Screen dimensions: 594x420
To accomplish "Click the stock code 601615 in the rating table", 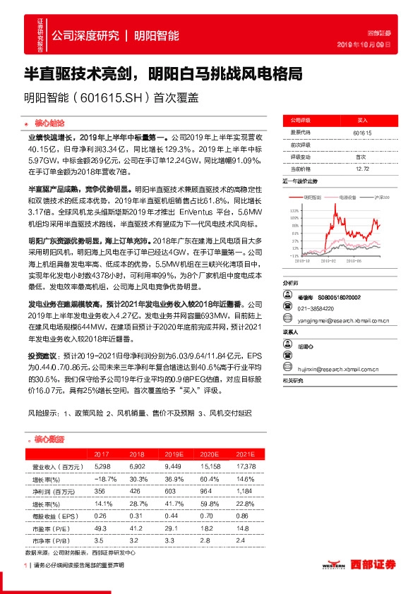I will tap(362, 133).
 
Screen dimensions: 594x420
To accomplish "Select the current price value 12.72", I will tap(362, 169).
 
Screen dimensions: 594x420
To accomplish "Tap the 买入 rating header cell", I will tap(362, 121).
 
